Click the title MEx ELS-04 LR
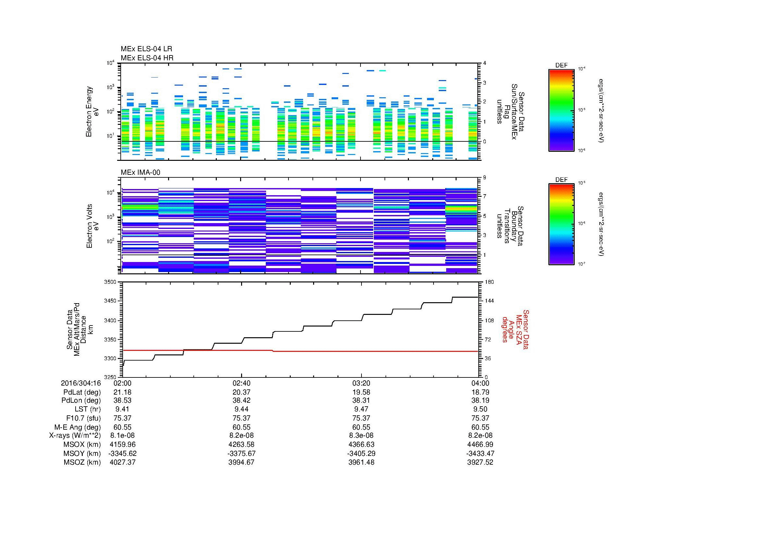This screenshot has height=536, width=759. click(146, 49)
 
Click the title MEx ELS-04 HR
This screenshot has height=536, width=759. click(147, 58)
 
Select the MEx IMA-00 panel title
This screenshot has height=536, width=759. click(141, 173)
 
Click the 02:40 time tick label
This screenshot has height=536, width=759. click(242, 383)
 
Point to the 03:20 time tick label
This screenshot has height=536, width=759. click(361, 383)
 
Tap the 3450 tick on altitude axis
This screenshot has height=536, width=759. click(110, 301)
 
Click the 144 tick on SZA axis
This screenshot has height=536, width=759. click(489, 301)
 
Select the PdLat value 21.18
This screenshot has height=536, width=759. click(122, 392)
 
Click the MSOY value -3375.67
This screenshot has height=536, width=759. click(242, 453)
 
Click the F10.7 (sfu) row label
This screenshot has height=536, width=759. click(83, 418)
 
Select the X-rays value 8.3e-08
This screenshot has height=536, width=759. click(361, 435)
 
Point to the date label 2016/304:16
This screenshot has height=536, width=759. click(81, 383)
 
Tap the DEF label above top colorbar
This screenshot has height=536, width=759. click(561, 66)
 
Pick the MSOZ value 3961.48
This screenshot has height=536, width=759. click(361, 462)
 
